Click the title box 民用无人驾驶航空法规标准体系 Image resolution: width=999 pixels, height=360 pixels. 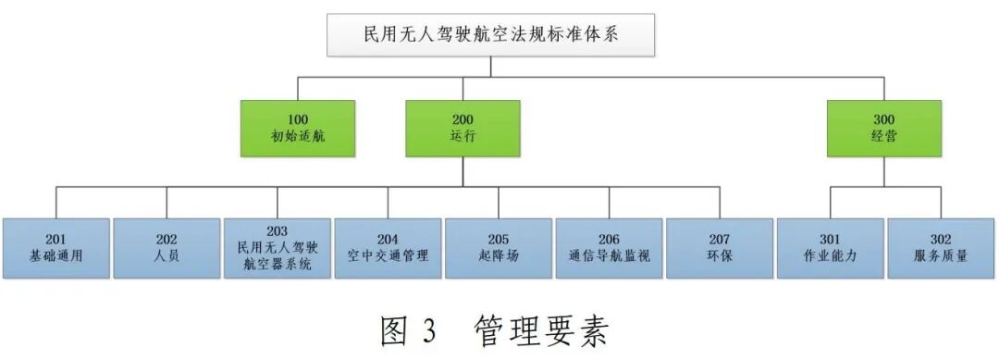click(491, 34)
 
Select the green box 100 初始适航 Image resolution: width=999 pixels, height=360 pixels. click(298, 128)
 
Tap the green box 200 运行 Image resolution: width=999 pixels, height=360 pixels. click(462, 128)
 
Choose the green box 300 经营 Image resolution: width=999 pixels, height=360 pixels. click(884, 128)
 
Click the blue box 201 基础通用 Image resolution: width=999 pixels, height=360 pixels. click(56, 248)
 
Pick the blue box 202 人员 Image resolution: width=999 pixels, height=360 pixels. click(166, 248)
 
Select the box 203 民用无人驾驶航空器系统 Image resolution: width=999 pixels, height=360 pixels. click(277, 248)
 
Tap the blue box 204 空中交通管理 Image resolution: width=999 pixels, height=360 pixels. click(388, 248)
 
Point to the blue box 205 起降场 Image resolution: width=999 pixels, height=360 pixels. click(498, 248)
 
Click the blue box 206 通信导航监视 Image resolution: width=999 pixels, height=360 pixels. click(609, 248)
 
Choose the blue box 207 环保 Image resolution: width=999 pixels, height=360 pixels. click(719, 248)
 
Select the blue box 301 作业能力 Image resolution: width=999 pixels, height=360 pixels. click(830, 248)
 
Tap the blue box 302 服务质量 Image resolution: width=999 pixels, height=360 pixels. click(941, 248)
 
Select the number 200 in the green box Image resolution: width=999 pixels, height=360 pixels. click(462, 119)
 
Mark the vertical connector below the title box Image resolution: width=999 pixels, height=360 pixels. click(491, 66)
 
